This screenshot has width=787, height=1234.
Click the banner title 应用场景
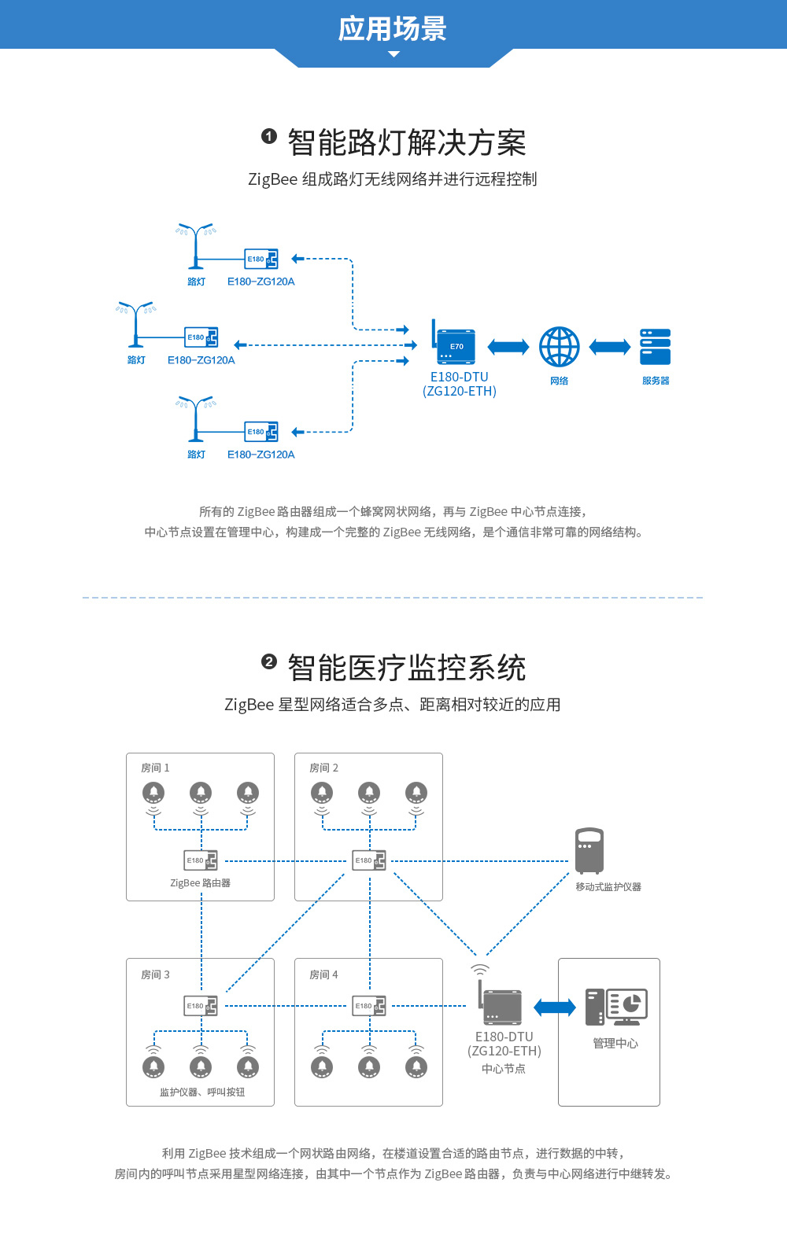pos(392,29)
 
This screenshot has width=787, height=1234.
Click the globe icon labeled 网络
pos(559,347)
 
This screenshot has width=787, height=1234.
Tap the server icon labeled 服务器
pos(655,347)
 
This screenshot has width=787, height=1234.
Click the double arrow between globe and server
pos(610,347)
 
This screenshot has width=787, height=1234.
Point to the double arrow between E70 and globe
pos(508,347)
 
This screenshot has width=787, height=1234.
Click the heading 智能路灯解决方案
pos(406,143)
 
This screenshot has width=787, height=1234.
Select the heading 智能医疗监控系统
pos(406,669)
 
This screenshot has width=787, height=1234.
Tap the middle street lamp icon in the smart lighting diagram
pos(136,324)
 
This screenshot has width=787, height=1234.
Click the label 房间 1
pos(155,768)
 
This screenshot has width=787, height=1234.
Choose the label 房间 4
pos(323,974)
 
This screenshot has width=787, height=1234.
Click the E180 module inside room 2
pos(369,860)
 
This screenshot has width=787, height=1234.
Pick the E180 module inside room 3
pos(201,1006)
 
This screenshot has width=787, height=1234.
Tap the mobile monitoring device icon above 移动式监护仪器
pos(589,850)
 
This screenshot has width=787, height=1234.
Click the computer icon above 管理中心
pos(616,1007)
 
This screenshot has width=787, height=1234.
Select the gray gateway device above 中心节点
pos(501,1006)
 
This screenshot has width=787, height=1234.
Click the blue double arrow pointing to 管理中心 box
pos(555,1007)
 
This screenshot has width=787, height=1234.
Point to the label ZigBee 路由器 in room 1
pos(201,883)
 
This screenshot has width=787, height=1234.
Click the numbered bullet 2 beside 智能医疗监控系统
pos(269,661)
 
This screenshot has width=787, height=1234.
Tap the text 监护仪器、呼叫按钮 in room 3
pos(202,1092)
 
